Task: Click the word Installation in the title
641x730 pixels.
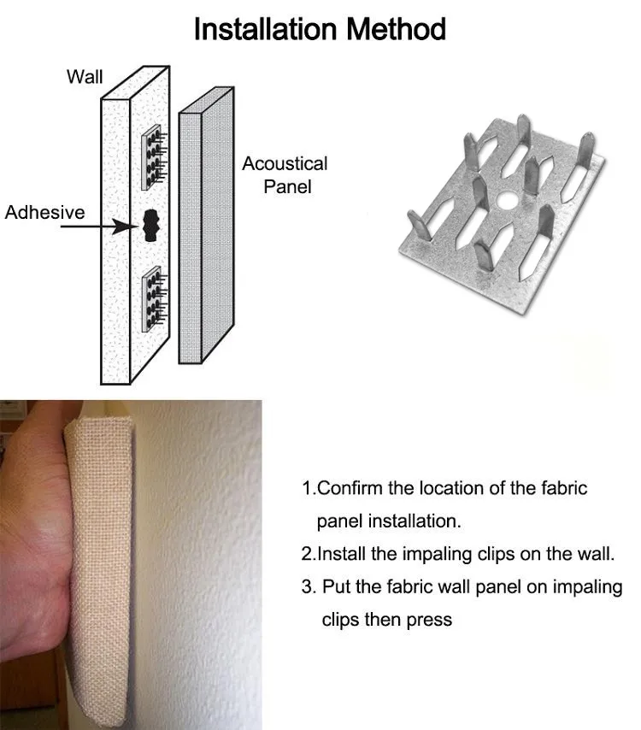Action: tap(265, 29)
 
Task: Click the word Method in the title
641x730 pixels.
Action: tap(397, 29)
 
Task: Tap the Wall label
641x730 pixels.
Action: tap(85, 77)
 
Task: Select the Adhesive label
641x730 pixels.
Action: tap(44, 212)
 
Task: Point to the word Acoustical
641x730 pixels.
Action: tap(285, 164)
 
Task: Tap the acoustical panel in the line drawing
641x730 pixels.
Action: tap(206, 226)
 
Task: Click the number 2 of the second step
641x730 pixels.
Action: tap(306, 554)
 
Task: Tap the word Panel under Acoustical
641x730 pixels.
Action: tap(287, 187)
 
